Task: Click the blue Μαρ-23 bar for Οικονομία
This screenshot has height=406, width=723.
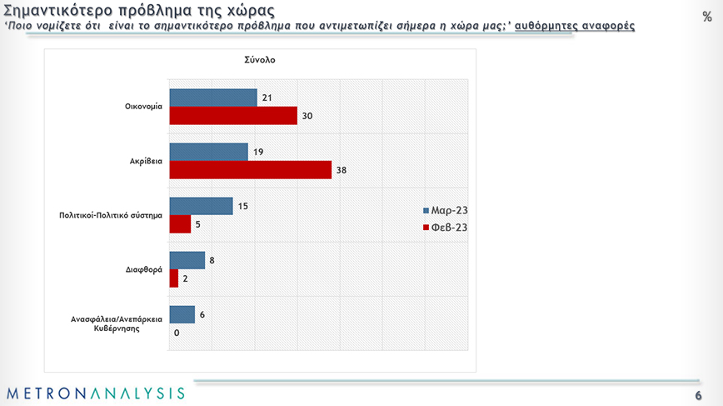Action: pyautogui.click(x=213, y=98)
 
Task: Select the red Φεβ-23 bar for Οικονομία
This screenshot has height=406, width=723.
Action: pyautogui.click(x=233, y=116)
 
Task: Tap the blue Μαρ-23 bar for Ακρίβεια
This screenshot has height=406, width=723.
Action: pyautogui.click(x=208, y=152)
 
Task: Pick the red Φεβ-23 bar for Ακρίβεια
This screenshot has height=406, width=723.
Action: pyautogui.click(x=250, y=170)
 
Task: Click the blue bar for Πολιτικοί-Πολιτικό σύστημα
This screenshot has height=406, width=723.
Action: pyautogui.click(x=201, y=206)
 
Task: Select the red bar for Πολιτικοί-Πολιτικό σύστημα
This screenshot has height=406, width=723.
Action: pyautogui.click(x=180, y=224)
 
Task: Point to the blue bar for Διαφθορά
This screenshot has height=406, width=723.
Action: pyautogui.click(x=187, y=260)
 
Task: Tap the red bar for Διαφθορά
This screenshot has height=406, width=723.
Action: pyautogui.click(x=173, y=278)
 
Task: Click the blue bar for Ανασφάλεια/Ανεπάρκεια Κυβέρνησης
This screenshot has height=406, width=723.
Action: pyautogui.click(x=182, y=314)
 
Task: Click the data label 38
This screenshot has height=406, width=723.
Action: pyautogui.click(x=341, y=170)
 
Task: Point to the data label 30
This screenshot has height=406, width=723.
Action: pyautogui.click(x=307, y=116)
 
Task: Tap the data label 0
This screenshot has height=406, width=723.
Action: pyautogui.click(x=177, y=333)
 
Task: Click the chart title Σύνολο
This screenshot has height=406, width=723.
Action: pyautogui.click(x=260, y=61)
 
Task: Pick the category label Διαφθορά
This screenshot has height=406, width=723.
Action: pyautogui.click(x=143, y=269)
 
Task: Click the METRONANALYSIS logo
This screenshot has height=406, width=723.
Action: pyautogui.click(x=95, y=393)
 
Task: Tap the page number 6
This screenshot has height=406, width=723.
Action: pyautogui.click(x=698, y=394)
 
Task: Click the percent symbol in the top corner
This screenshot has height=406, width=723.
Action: pyautogui.click(x=707, y=17)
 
